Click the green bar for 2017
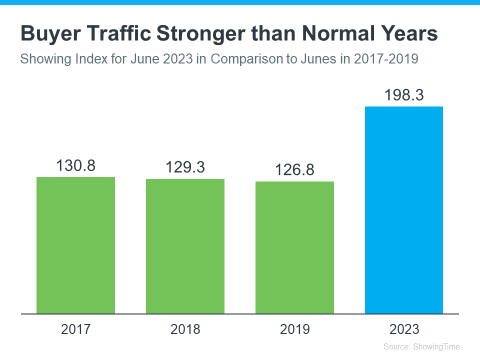[76, 245]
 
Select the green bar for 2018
[185, 246]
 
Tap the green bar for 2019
[294, 247]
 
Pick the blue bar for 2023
[404, 210]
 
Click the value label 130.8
[76, 165]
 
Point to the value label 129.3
[185, 167]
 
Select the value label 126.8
[294, 170]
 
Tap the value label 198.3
[404, 95]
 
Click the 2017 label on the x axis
[76, 329]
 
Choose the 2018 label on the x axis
[185, 329]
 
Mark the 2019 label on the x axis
[294, 329]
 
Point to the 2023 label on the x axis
[404, 329]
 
